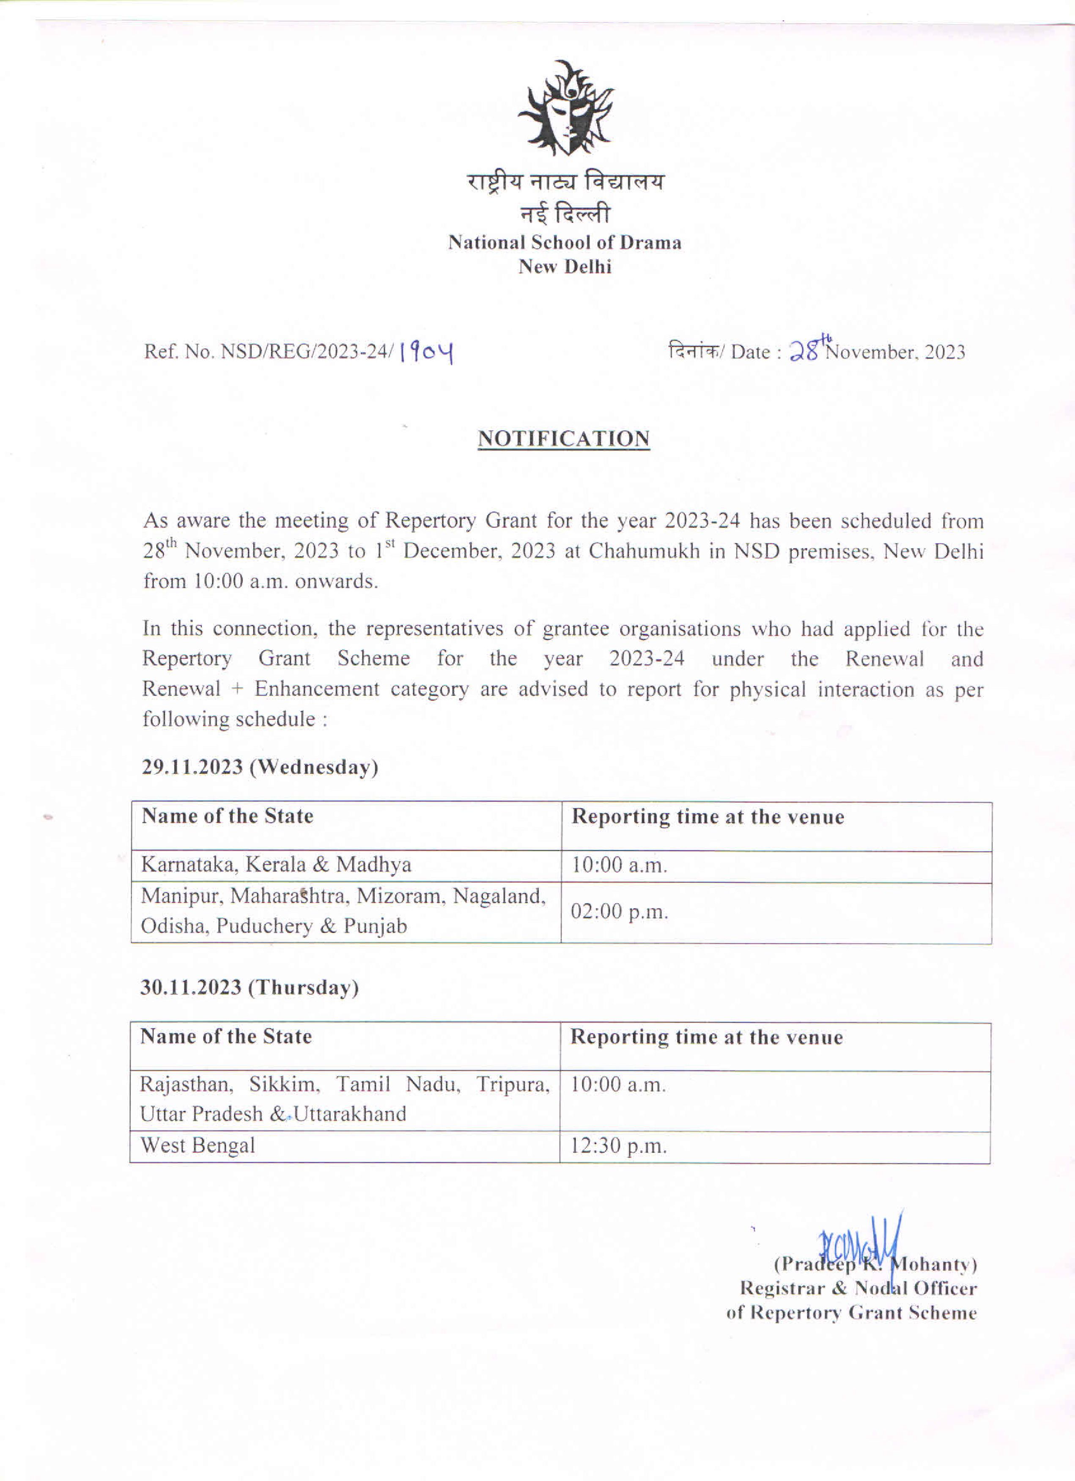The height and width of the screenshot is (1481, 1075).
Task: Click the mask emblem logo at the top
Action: click(x=565, y=108)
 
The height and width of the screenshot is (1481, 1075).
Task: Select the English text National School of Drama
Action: click(x=565, y=243)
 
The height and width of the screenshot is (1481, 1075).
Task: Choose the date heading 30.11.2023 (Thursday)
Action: click(x=250, y=987)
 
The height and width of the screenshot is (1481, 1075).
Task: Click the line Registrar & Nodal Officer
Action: click(x=858, y=1288)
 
